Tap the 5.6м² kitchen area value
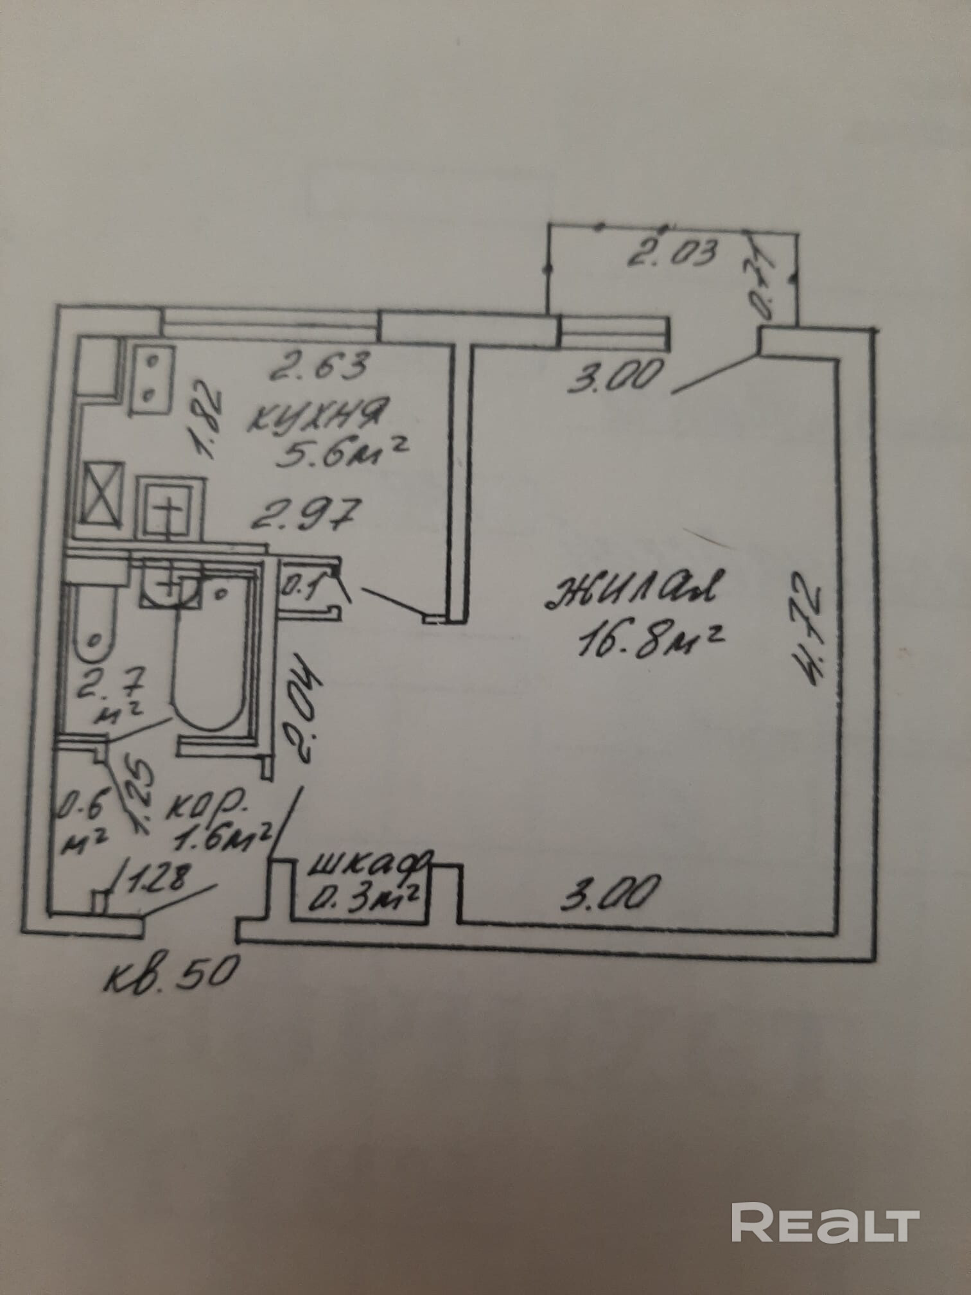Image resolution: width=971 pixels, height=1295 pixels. pyautogui.click(x=341, y=454)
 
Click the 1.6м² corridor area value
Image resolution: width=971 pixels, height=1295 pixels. pyautogui.click(x=225, y=835)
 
